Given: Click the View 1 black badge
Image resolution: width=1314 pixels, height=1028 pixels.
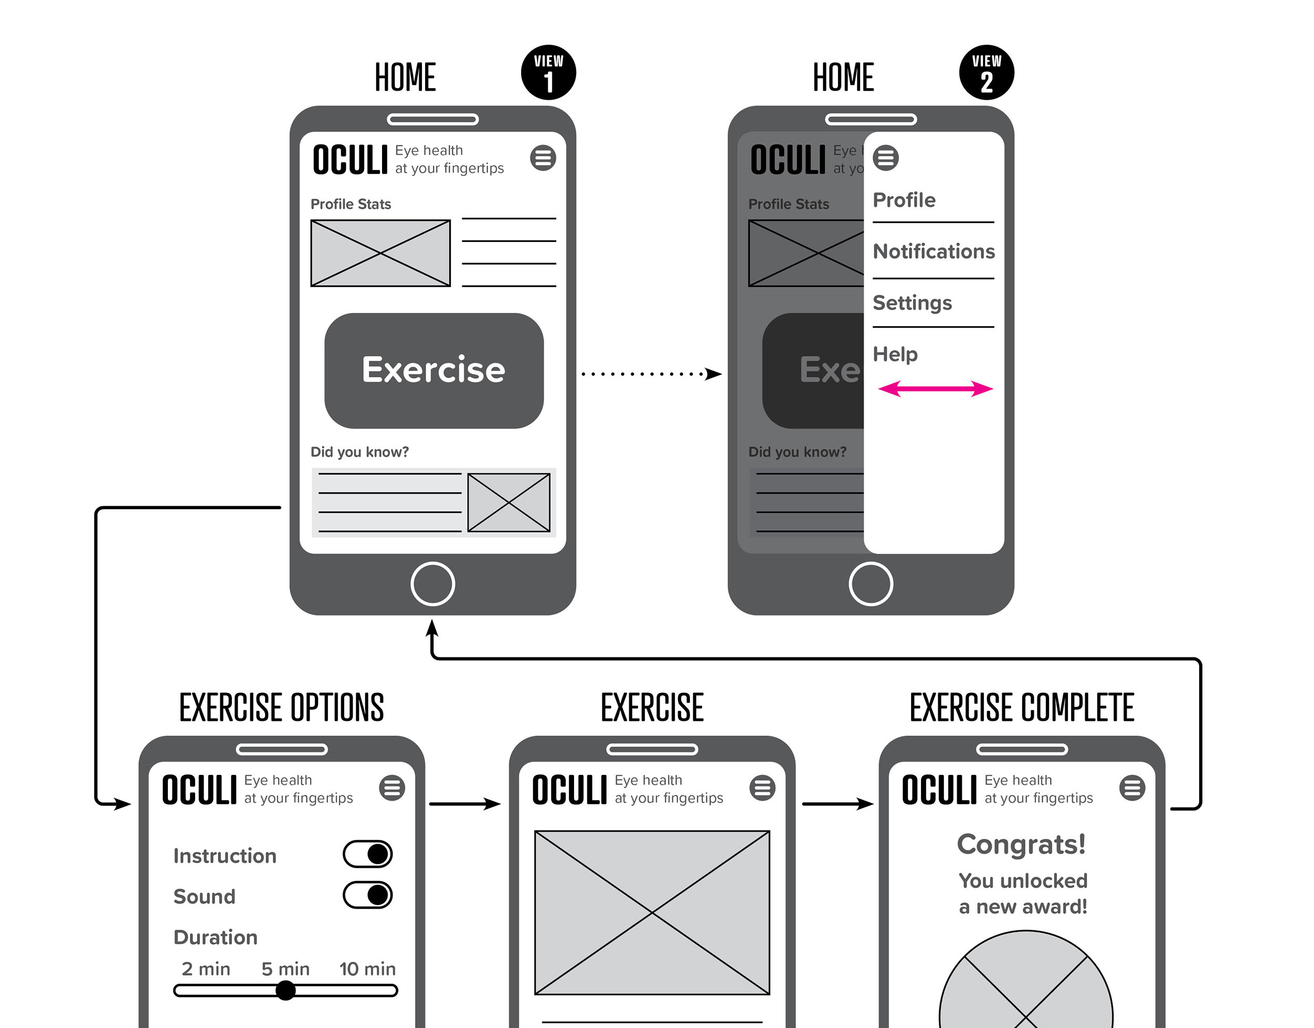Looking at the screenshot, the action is [548, 72].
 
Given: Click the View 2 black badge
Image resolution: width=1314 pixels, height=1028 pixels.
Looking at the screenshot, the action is [986, 72].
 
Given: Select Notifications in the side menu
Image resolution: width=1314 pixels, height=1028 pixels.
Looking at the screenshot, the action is [933, 251].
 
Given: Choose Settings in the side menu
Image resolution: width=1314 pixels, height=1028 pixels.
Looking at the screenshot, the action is [912, 302].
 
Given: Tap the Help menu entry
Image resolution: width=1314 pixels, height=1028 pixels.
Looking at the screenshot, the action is [895, 354].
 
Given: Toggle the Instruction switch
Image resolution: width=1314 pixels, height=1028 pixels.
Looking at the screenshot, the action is [368, 854].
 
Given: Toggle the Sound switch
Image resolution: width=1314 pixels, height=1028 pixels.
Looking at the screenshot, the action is [368, 895].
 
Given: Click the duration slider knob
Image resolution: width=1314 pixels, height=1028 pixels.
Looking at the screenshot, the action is [286, 990].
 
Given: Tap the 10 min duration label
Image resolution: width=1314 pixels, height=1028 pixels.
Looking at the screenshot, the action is [367, 969].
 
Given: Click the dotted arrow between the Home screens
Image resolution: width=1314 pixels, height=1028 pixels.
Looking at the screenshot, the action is [650, 374].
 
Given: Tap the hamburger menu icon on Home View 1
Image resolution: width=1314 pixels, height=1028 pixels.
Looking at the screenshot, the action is [543, 158].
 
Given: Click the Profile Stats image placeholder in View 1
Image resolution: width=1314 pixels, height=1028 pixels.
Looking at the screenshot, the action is [380, 253].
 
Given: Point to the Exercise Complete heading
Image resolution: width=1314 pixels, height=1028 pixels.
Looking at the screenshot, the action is [1022, 707].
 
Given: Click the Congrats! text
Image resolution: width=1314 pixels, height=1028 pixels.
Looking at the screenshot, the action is [1022, 844].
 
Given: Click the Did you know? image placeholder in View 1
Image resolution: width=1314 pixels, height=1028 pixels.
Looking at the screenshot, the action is [508, 502].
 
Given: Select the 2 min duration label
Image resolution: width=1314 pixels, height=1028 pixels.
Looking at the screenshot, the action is [206, 969].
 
